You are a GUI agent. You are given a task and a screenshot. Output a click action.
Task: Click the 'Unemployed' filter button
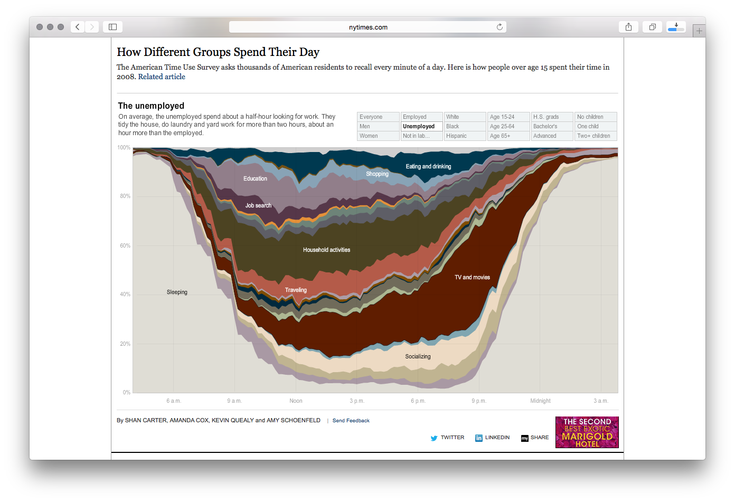[421, 127]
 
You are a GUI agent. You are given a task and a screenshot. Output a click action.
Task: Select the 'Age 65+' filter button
[508, 136]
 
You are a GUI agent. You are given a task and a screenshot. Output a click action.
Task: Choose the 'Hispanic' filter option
[465, 136]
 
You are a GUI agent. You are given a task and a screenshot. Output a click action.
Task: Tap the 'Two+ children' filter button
[595, 136]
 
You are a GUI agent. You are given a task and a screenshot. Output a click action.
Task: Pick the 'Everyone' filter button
[378, 117]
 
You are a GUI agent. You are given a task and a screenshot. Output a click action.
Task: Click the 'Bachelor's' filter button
[552, 127]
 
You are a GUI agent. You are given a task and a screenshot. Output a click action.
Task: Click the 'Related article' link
[162, 77]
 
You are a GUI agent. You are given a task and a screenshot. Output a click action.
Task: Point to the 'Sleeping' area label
[177, 292]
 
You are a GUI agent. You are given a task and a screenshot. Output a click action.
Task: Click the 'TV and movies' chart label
[472, 278]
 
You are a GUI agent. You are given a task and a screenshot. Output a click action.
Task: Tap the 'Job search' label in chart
[258, 206]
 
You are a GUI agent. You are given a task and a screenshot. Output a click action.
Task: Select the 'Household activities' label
[326, 250]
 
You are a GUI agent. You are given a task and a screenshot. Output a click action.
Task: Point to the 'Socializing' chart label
[418, 357]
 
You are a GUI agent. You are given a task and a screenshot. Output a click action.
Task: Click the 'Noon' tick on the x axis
[296, 401]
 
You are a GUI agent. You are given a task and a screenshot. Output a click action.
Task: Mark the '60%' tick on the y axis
[125, 246]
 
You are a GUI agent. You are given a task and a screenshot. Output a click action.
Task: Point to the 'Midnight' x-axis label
[540, 401]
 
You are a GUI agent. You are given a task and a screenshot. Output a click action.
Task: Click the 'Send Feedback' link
[351, 421]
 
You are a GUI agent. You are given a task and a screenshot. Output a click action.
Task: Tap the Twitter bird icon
[434, 438]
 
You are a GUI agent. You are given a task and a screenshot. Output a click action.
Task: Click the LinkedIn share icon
[479, 438]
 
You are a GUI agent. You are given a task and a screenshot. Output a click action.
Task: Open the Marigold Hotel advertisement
[587, 432]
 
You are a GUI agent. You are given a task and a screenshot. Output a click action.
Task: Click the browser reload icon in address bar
[500, 27]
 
